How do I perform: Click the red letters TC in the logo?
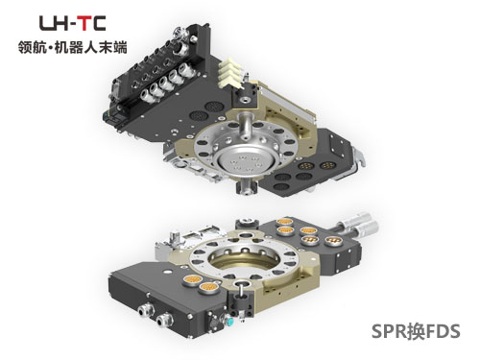tap(92, 23)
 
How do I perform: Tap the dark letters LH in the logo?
tap(54, 23)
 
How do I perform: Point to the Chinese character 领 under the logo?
tap(25, 47)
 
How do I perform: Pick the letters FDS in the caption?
tap(443, 331)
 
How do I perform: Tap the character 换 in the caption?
tap(416, 331)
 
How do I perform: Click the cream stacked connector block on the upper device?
tap(230, 74)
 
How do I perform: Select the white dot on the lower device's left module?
tap(166, 272)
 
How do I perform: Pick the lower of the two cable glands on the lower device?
tap(165, 320)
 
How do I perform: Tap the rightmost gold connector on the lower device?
tap(332, 241)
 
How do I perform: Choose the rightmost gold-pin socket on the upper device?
tap(327, 165)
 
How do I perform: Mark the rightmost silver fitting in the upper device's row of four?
tap(186, 69)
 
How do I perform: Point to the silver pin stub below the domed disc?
tap(246, 186)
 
